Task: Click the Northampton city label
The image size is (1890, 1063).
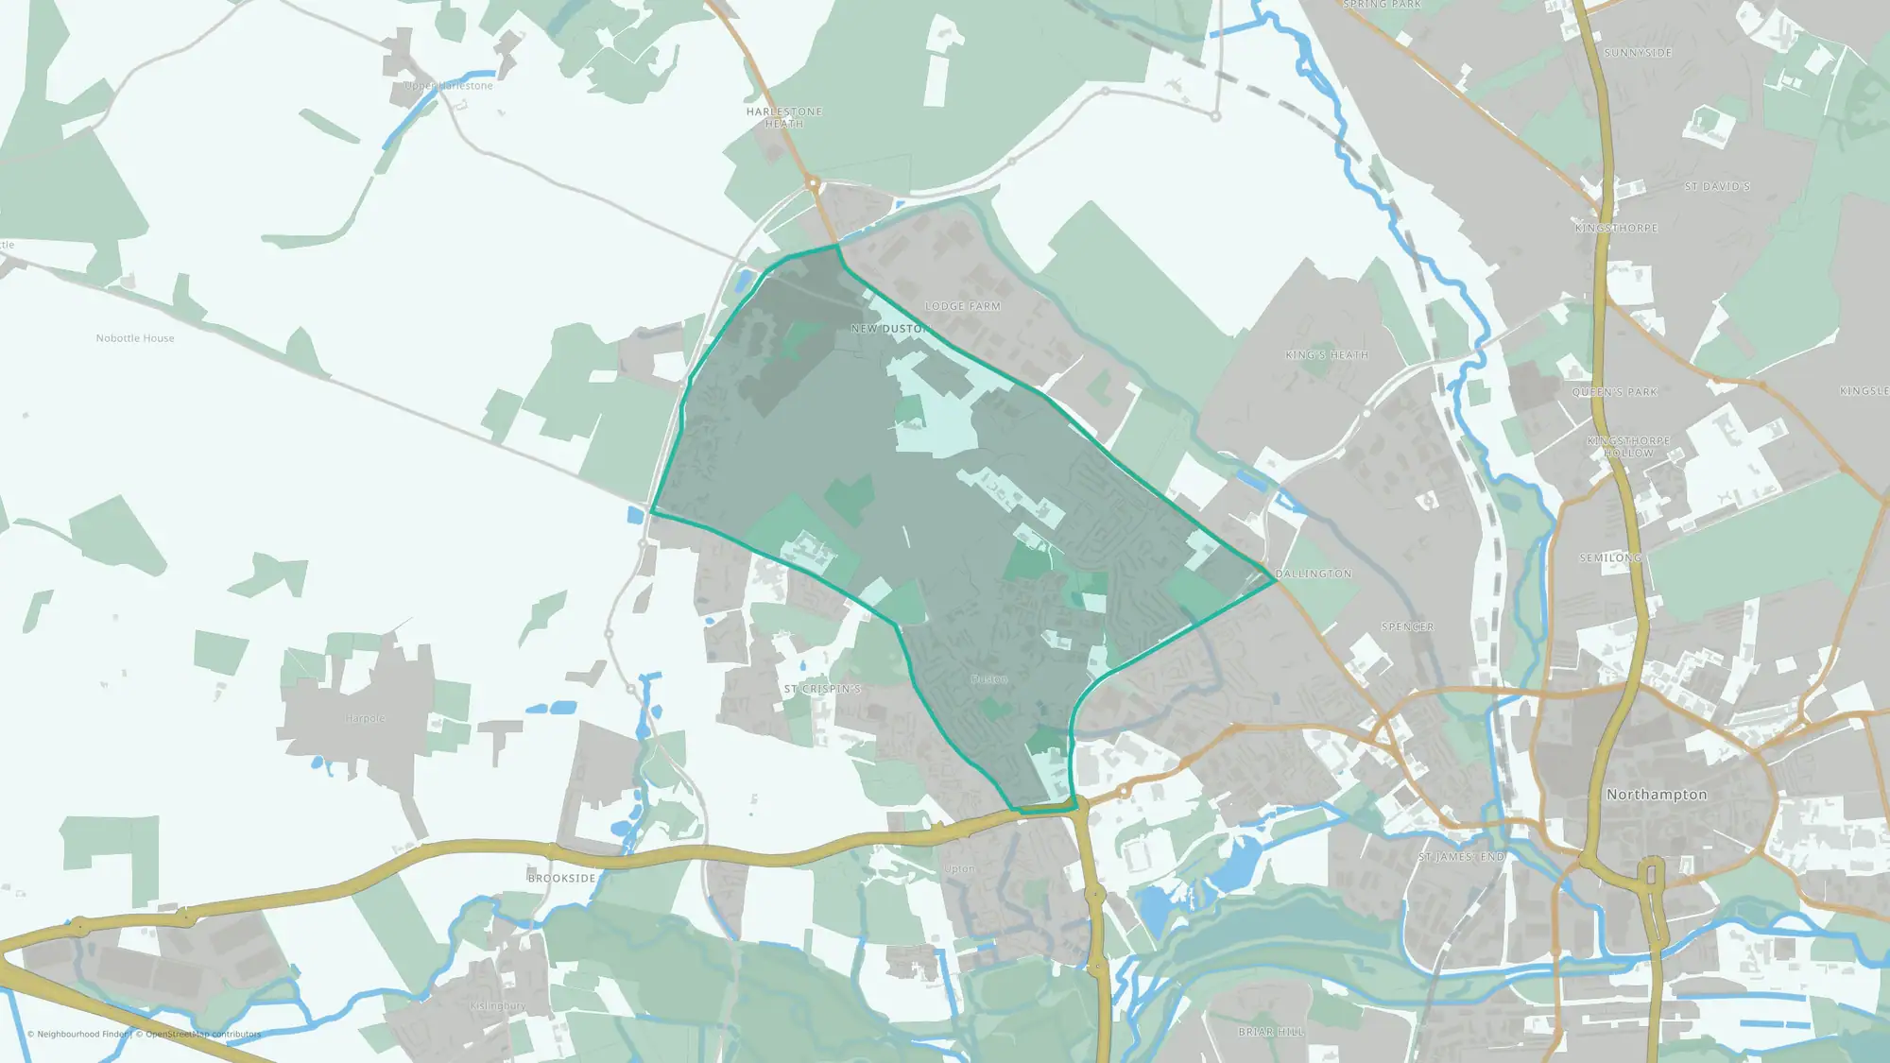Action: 1657,795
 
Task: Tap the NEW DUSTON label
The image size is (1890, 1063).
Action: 889,329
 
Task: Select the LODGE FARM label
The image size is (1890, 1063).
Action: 962,306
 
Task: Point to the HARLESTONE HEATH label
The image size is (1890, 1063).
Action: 784,117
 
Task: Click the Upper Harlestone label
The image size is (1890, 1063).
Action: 449,86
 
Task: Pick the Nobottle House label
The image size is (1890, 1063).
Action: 135,338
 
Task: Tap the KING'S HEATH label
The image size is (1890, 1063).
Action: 1327,355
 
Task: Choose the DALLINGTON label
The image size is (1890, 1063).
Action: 1314,574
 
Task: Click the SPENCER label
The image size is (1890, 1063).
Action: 1407,627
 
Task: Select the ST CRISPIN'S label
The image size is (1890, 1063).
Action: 822,689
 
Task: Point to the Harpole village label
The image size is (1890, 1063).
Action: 366,718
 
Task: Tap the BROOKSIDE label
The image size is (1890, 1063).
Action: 562,879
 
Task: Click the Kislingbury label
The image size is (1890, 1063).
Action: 498,1005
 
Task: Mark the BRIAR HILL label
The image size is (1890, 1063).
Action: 1271,1032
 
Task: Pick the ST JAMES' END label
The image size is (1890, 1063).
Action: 1461,857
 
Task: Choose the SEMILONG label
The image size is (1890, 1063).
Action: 1610,558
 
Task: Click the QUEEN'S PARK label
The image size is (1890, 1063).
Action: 1615,392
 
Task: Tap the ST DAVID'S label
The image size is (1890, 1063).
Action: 1717,187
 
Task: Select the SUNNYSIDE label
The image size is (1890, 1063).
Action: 1638,53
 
